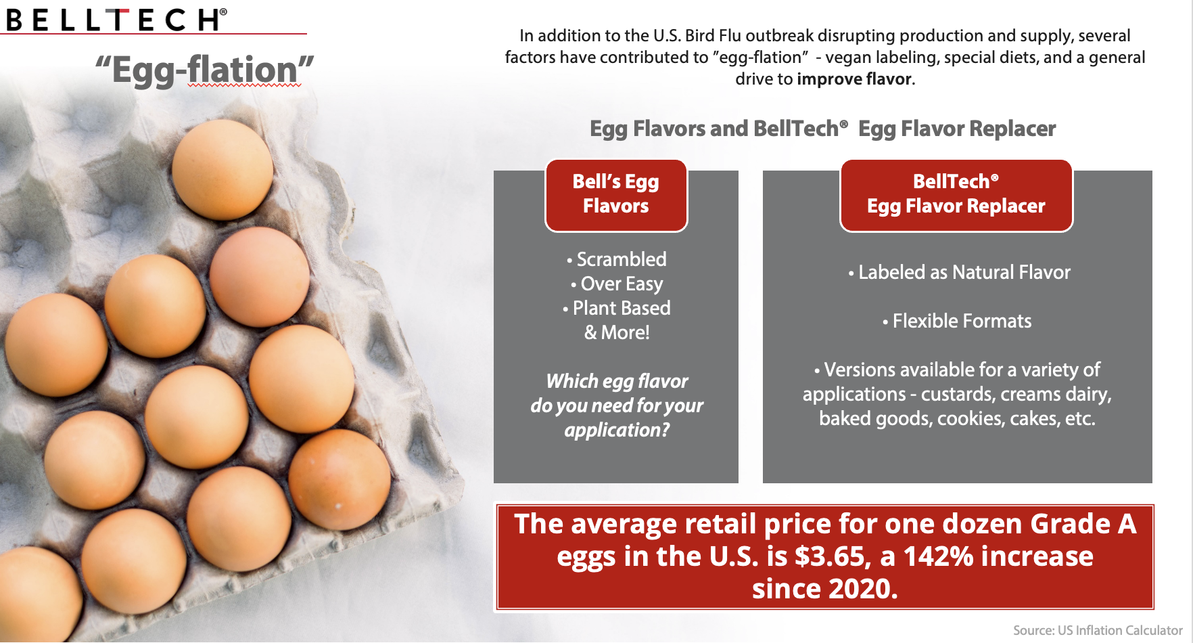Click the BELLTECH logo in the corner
click(x=116, y=20)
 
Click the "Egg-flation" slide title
click(x=204, y=70)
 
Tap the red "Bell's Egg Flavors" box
click(x=616, y=195)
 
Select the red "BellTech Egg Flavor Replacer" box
click(x=956, y=195)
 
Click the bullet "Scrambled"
click(x=617, y=259)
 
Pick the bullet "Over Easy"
click(x=617, y=284)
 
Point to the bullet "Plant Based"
click(x=617, y=308)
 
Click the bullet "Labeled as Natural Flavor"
click(x=960, y=272)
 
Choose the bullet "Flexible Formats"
click(x=957, y=321)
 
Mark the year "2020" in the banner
click(x=859, y=589)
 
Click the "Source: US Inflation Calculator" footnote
click(x=1098, y=630)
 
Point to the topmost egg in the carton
click(x=223, y=169)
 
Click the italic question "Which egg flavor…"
click(x=617, y=405)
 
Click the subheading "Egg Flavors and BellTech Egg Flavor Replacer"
click(x=822, y=129)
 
